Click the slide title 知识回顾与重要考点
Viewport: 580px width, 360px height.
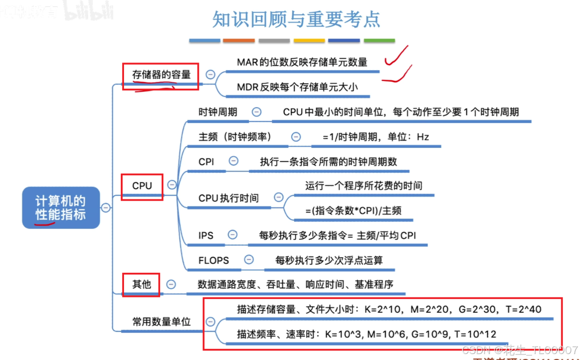pos(296,19)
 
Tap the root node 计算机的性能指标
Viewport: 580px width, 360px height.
pos(61,208)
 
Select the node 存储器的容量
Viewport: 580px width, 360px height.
pos(161,74)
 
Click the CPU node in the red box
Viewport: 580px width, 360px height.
pos(142,186)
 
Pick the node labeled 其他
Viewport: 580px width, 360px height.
pos(141,284)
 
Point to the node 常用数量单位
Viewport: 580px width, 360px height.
pos(161,321)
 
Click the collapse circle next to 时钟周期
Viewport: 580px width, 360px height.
pos(257,112)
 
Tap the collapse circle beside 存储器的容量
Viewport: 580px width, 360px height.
pos(210,74)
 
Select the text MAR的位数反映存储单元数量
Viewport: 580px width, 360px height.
pos(302,62)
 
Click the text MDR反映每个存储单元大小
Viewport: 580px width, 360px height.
pos(297,86)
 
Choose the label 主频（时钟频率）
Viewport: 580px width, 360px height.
pos(235,137)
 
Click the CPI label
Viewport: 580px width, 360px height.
pos(206,161)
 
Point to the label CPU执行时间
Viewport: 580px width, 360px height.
pos(228,198)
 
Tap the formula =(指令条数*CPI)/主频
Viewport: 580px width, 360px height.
pos(353,210)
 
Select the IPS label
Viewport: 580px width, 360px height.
pos(206,235)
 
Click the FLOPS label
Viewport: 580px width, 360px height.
pos(214,260)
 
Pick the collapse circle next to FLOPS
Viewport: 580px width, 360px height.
pos(248,259)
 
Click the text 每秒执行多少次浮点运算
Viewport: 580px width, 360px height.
pos(329,260)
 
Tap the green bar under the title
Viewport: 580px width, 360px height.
pos(379,40)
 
